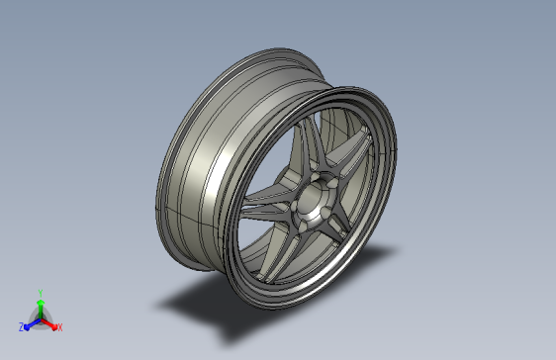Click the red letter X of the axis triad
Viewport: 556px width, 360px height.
(x=59, y=326)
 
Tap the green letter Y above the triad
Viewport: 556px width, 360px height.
(x=40, y=293)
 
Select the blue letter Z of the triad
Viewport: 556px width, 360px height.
(x=21, y=326)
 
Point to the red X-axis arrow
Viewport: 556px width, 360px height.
(x=49, y=322)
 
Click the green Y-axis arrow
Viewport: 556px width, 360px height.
(x=40, y=306)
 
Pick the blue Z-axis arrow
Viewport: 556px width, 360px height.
(x=30, y=322)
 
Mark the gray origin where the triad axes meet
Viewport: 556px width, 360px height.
(x=40, y=317)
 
